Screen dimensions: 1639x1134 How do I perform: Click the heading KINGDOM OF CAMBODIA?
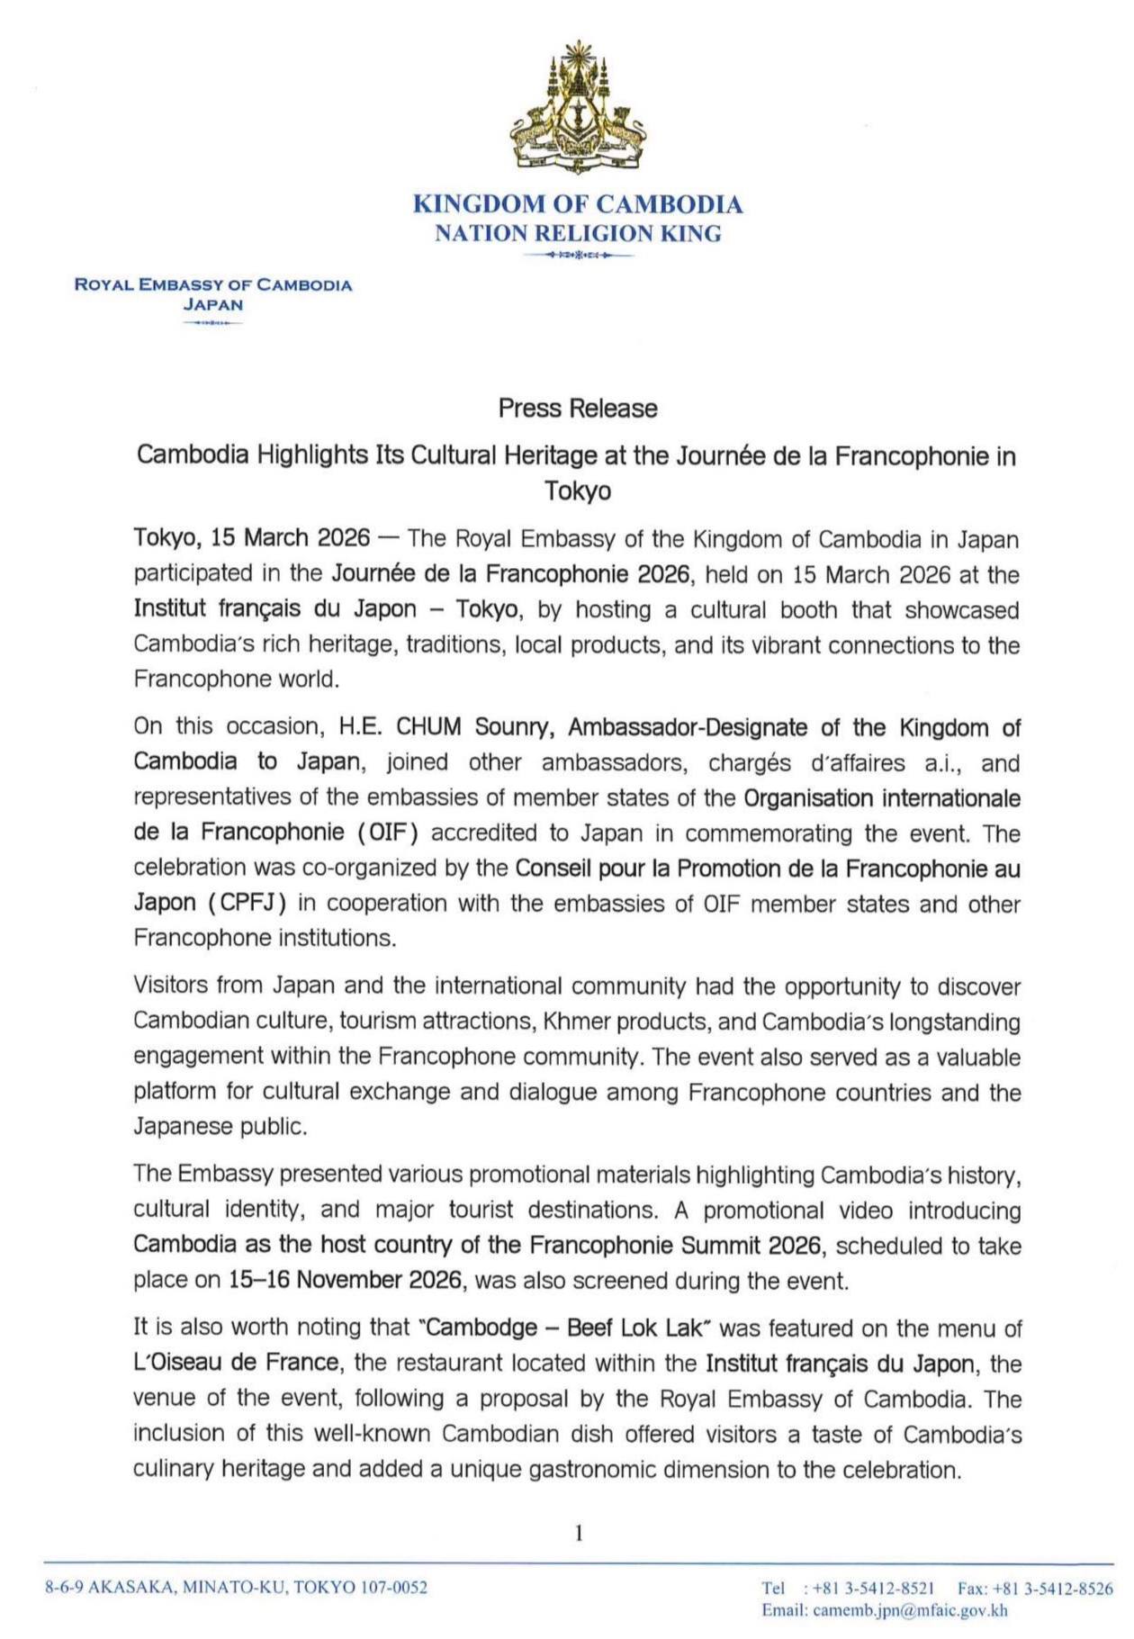(x=578, y=204)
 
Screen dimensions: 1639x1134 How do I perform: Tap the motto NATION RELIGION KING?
(x=578, y=234)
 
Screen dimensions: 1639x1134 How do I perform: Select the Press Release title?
(x=578, y=409)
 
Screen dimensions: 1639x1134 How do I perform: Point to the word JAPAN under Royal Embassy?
(x=212, y=304)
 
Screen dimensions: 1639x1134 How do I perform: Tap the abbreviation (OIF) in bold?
(x=389, y=833)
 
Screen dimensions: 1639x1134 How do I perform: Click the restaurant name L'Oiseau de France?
(x=238, y=1363)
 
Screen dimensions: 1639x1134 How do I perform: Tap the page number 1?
(x=579, y=1532)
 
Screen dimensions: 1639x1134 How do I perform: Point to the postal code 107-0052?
(x=393, y=1588)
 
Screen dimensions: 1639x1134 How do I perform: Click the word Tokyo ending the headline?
(x=578, y=491)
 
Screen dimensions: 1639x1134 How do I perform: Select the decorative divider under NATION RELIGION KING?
(x=578, y=256)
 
